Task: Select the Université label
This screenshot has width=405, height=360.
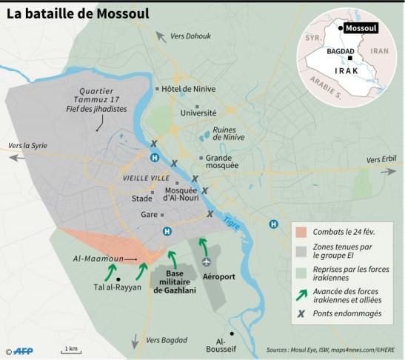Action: [x=198, y=113]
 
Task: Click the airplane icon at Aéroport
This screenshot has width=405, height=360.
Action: [x=207, y=261]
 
